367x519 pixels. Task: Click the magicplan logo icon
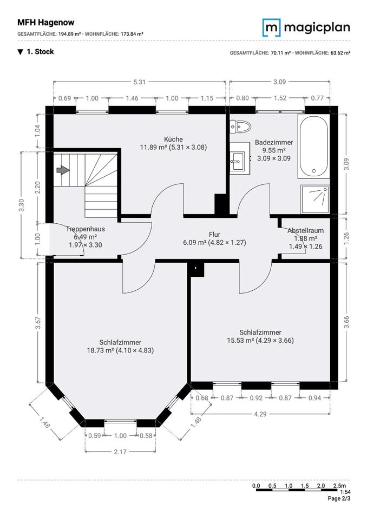pos(272,28)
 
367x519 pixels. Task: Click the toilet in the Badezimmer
pos(240,127)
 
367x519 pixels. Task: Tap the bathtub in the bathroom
pos(313,145)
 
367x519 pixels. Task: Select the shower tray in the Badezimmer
pos(315,199)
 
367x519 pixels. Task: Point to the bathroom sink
pos(240,158)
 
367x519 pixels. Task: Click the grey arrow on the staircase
pos(63,170)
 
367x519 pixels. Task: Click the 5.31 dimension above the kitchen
pos(139,82)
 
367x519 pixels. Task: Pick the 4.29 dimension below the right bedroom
pos(260,414)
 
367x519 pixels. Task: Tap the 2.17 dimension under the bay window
pos(120,451)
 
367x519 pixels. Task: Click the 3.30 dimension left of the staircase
pos(22,205)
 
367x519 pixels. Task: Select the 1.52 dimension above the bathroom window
pos(280,98)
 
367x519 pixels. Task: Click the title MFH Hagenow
pos(46,23)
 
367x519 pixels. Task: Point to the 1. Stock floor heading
pos(36,52)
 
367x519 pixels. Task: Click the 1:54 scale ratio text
pos(345,492)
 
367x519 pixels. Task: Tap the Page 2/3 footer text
pos(339,498)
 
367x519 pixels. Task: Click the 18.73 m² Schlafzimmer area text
pos(120,350)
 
